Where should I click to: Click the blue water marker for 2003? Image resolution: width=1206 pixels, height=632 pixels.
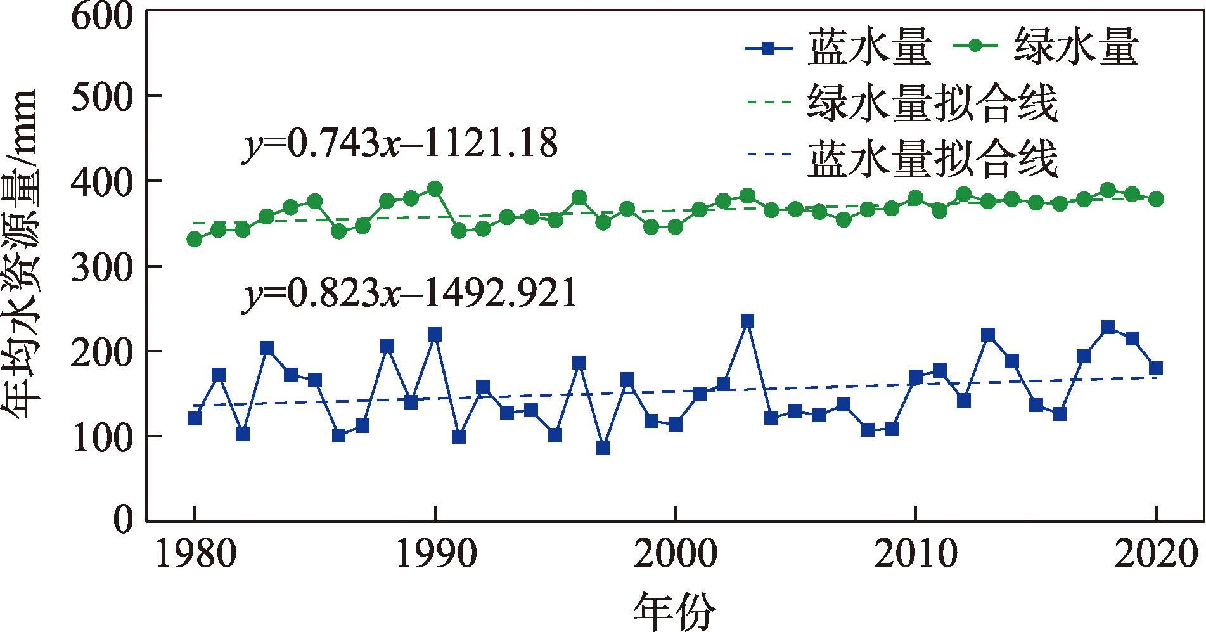pos(747,321)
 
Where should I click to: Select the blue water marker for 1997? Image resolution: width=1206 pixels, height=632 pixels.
pos(603,448)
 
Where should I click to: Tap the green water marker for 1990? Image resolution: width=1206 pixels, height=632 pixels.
pos(435,189)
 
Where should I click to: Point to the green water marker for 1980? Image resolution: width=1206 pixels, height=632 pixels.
pos(195,239)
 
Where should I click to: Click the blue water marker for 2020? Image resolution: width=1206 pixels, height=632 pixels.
pos(1156,368)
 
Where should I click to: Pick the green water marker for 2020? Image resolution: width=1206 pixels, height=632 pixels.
pos(1156,199)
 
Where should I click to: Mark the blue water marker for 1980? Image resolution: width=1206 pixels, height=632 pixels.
pos(195,418)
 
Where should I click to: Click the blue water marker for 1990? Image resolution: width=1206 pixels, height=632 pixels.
pos(435,335)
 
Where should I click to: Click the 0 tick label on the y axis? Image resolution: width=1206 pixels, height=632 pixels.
pos(124,521)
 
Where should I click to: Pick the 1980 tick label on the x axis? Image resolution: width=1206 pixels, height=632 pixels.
pos(195,555)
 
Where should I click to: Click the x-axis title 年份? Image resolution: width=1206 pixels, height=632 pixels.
pos(674,612)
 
